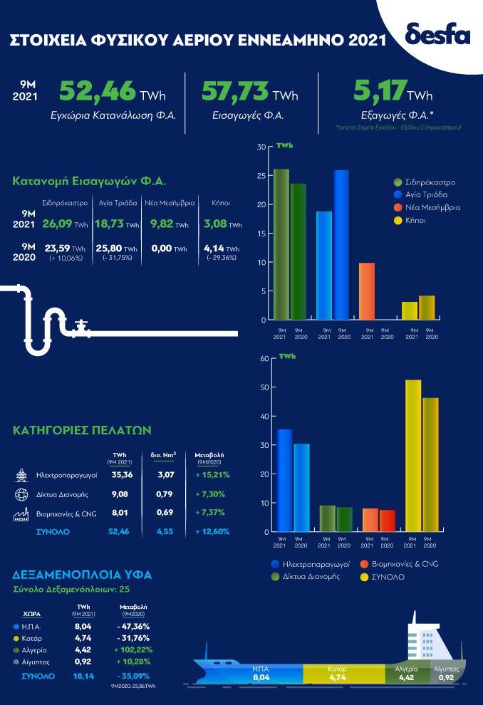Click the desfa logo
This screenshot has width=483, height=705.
pyautogui.click(x=437, y=33)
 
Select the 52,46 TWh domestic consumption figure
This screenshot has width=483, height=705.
pyautogui.click(x=108, y=92)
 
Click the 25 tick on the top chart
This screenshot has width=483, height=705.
pyautogui.click(x=261, y=176)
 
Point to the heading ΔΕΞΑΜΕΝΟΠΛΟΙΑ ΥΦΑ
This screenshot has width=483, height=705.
pyautogui.click(x=83, y=574)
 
